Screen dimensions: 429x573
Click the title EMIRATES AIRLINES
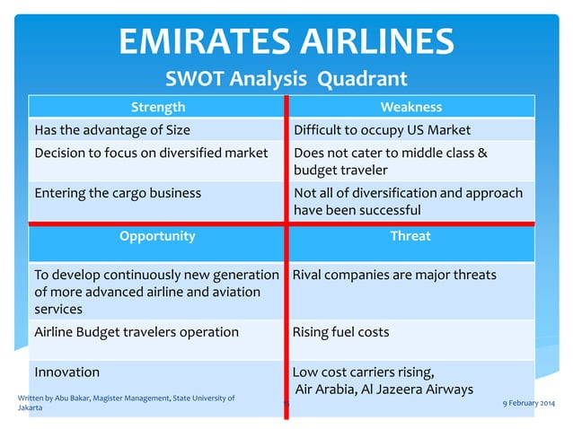pos(286,40)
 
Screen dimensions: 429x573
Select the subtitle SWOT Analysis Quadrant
pos(286,79)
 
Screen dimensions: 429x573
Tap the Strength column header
pos(158,107)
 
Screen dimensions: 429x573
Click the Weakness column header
pos(410,107)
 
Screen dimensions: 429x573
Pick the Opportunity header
pos(157,236)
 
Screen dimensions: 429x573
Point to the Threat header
pos(410,236)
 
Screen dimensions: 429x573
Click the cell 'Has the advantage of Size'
pos(112,129)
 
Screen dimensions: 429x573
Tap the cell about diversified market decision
pos(151,153)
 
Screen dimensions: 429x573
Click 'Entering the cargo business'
pos(118,192)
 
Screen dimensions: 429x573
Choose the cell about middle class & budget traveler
pos(391,161)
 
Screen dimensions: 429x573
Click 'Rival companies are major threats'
pos(394,275)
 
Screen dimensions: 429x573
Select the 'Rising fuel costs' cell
pos(341,332)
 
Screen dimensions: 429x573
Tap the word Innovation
pos(66,372)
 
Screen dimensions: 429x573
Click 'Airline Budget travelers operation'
pos(137,332)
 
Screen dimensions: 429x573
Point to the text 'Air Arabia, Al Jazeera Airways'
pos(384,389)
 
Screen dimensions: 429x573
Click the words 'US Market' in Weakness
pos(440,129)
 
